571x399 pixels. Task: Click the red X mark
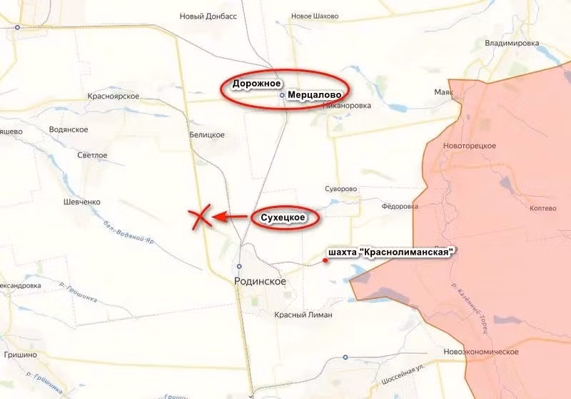point(201,217)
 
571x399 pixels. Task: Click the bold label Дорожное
point(256,84)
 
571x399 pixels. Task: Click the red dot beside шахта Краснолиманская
point(325,260)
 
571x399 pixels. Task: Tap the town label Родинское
point(260,282)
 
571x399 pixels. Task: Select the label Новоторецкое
point(469,145)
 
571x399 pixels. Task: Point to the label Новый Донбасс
point(208,16)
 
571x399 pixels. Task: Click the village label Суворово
point(340,189)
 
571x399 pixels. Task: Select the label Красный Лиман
point(303,315)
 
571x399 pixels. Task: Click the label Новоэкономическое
point(480,352)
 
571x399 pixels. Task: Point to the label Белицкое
point(207,134)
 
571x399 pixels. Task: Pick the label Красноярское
point(113,96)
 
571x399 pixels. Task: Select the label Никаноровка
point(347,106)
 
